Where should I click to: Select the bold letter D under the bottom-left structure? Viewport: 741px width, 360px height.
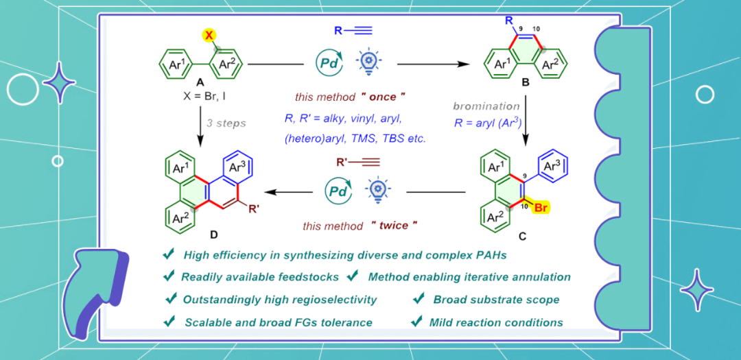coord(213,235)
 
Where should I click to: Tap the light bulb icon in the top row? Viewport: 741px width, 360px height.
coord(368,62)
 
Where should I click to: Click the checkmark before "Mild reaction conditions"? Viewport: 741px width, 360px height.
coord(416,321)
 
